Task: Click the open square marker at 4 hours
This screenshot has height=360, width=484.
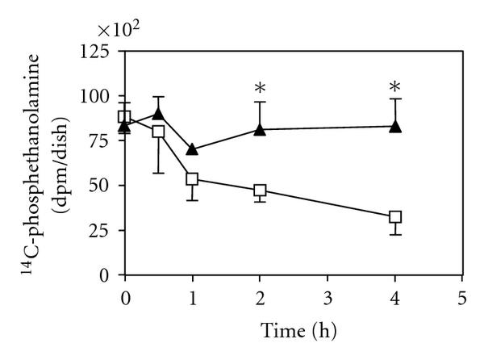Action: (395, 217)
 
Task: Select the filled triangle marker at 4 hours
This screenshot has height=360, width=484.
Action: (395, 126)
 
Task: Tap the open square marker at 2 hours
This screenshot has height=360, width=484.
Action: (260, 190)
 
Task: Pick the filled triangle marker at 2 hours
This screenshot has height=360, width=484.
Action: (260, 128)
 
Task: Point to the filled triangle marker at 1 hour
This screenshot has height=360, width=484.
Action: (192, 149)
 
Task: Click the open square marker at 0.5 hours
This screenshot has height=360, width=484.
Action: (159, 131)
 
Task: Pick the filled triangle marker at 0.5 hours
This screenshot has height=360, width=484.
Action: (159, 113)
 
